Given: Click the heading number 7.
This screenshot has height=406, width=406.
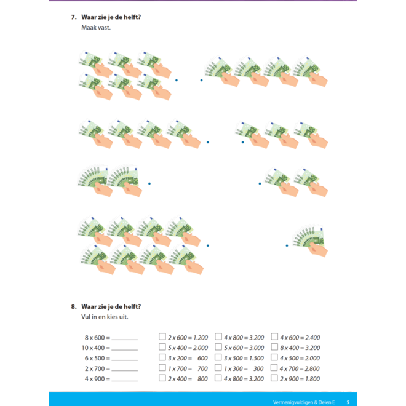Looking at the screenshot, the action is pos(74,17).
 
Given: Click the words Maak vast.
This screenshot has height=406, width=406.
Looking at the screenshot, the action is pos(96,28).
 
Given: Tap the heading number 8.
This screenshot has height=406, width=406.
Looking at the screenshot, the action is pos(74,307).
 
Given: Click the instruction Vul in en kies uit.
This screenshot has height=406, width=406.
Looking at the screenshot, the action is pos(105,317).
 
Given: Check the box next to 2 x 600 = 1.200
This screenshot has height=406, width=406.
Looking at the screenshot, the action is pos(162,336).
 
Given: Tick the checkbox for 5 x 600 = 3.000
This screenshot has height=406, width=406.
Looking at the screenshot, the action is pos(218,347).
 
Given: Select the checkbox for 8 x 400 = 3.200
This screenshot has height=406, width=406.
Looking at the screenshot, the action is pos(274,347).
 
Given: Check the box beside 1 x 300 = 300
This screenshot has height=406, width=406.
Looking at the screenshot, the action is pos(218,368).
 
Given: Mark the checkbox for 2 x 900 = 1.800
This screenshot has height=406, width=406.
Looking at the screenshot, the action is pos(274,378).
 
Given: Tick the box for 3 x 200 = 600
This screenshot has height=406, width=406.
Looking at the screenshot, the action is pos(162,357).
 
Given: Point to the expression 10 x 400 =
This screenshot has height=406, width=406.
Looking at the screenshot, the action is pos(96,348).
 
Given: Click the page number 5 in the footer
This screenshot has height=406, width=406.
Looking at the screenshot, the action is pos(348,402).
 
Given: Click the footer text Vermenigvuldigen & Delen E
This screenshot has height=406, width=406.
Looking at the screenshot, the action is pos(304,402).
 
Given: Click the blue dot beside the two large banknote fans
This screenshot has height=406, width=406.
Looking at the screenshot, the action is pos(149,183).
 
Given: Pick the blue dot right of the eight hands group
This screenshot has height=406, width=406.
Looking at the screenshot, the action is pos(208,245).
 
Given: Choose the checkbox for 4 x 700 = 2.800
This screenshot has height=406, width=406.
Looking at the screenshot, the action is pos(274,368).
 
